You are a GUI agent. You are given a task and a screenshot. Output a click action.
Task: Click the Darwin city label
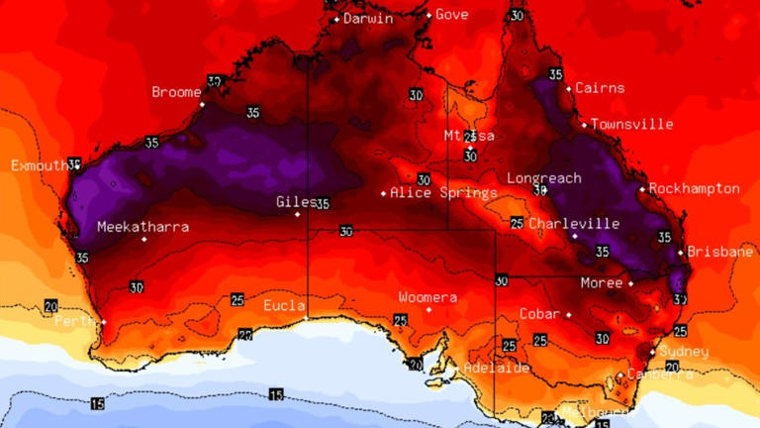368,18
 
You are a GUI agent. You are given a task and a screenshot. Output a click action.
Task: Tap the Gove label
451,14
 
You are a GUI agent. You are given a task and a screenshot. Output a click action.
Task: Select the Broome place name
176,92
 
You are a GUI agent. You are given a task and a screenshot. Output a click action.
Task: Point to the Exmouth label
39,165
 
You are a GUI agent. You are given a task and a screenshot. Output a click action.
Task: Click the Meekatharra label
142,227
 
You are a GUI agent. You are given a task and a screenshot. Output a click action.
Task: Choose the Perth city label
74,322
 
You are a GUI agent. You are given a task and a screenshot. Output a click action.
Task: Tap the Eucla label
284,304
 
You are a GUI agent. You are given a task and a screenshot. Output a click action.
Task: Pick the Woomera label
427,297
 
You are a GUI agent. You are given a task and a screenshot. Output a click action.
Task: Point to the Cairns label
600,88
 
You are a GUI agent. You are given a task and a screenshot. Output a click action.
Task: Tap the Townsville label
633,125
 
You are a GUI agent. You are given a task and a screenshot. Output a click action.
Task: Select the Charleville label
574,224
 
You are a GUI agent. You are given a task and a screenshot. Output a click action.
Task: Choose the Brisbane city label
720,252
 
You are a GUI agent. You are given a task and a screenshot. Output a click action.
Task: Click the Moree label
602,283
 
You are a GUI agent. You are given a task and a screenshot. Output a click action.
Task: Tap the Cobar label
540,314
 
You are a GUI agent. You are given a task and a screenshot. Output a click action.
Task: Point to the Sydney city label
685,352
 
